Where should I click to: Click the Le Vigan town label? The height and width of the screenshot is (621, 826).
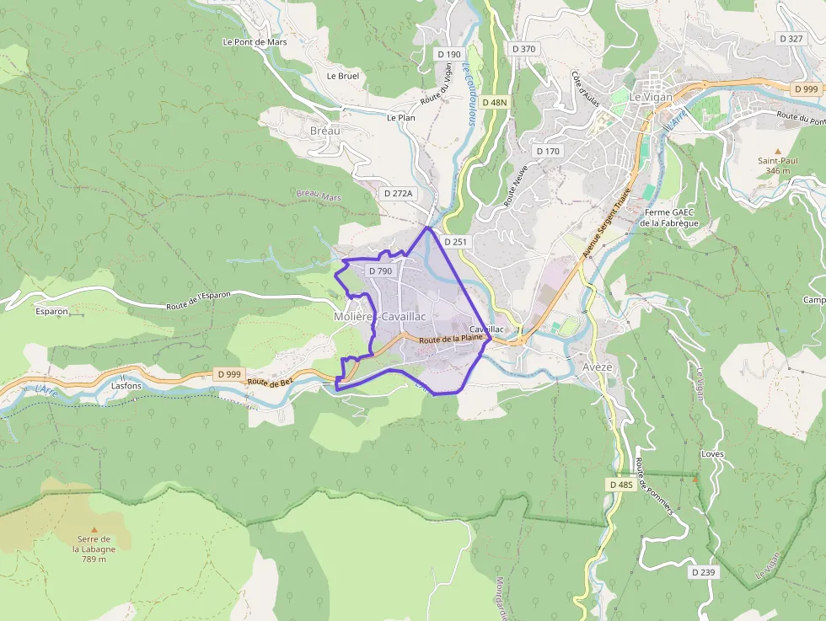point(652,97)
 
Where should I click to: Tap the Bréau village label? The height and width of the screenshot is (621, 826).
point(325,131)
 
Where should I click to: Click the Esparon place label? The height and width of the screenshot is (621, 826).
point(51,311)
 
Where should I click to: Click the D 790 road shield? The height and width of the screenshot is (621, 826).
point(380,270)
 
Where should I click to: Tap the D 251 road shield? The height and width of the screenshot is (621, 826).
point(454,242)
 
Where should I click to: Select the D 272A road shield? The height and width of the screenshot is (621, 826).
point(399,193)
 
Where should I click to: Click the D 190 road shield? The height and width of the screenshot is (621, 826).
point(448,54)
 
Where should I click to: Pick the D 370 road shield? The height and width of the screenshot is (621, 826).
point(523,49)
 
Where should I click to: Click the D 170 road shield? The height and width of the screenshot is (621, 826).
point(548,151)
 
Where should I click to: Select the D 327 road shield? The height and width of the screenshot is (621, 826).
point(791,39)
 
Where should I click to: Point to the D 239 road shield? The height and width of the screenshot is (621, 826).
point(703,572)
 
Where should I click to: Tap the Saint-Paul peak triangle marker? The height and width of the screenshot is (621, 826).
point(778,150)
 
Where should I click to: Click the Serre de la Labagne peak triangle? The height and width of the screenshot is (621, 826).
point(94,529)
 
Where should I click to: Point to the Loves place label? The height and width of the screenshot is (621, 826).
point(712,454)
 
